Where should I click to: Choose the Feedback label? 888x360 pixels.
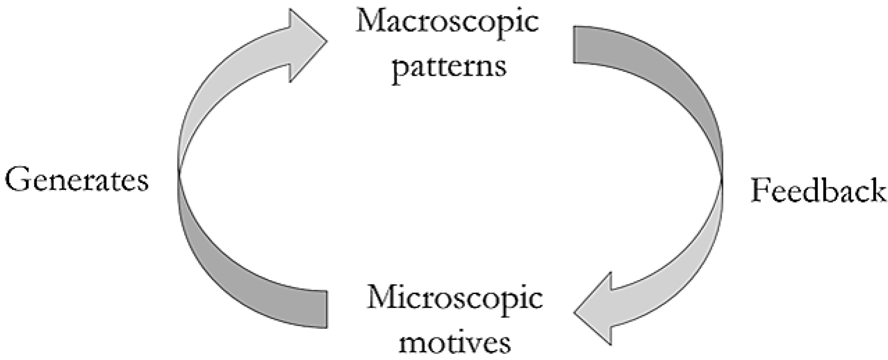818,191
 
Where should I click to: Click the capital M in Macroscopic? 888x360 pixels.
369,22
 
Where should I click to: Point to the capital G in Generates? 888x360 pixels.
17,180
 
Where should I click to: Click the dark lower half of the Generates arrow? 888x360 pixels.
232,263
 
